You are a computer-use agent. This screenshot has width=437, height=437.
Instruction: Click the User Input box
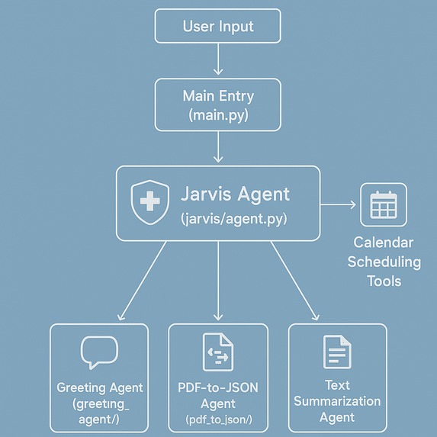(x=218, y=26)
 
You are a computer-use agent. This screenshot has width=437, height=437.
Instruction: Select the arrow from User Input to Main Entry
(x=218, y=59)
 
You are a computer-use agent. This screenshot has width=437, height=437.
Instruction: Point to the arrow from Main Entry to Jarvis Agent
(x=218, y=146)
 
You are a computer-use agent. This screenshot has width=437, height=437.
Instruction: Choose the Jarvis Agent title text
(x=235, y=194)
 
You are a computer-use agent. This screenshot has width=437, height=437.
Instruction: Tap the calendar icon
(x=384, y=205)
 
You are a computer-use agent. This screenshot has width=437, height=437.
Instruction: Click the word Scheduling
(x=384, y=262)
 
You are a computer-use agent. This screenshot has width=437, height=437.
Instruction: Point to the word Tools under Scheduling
(x=384, y=281)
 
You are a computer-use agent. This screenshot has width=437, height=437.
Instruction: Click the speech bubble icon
(x=99, y=353)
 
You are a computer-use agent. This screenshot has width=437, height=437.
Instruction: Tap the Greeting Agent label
(x=100, y=387)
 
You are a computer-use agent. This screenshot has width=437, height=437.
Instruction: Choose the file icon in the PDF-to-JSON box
(x=217, y=353)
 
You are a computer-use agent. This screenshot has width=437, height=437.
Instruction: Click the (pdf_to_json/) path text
(x=218, y=420)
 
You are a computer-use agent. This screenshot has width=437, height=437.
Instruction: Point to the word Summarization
(x=337, y=401)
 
